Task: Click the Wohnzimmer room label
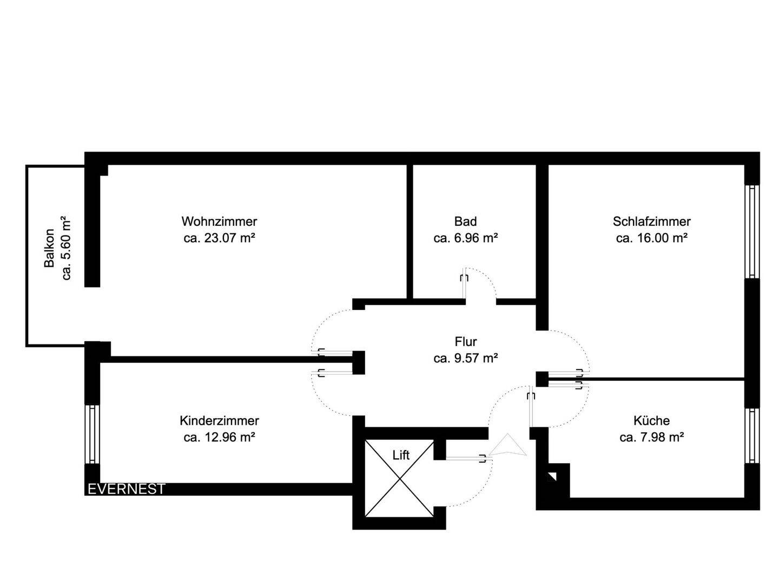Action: click(219, 222)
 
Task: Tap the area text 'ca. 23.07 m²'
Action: click(219, 238)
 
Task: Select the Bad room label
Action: click(465, 222)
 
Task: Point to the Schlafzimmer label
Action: click(651, 222)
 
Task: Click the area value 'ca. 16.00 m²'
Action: click(651, 238)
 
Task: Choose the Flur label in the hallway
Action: click(465, 342)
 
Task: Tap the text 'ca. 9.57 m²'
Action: click(465, 358)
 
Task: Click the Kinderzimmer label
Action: click(219, 420)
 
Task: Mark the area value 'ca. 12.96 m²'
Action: click(219, 437)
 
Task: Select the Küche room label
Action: click(651, 420)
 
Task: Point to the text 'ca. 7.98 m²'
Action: click(651, 437)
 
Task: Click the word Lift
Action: click(401, 455)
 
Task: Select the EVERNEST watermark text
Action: click(126, 489)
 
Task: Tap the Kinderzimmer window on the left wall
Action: click(93, 434)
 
